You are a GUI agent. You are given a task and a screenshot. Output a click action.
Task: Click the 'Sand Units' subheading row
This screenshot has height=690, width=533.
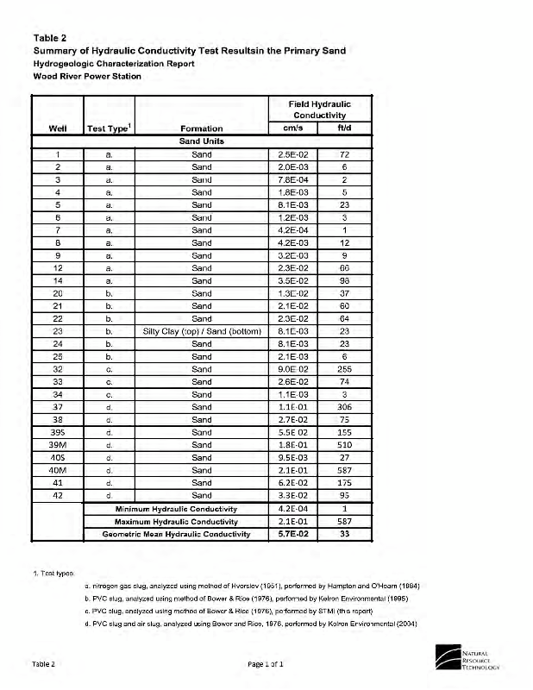[x=200, y=141]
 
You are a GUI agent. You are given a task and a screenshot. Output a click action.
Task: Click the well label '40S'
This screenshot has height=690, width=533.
[x=57, y=457]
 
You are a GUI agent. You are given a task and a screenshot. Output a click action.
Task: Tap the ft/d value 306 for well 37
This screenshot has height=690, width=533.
[x=343, y=406]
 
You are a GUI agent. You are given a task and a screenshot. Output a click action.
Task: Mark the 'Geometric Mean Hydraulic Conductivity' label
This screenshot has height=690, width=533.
[x=176, y=534]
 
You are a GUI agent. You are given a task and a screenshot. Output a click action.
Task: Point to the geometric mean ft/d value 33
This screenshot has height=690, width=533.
[x=343, y=534]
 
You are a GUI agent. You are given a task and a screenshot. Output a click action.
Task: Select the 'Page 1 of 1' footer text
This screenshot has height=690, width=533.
[x=263, y=663]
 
